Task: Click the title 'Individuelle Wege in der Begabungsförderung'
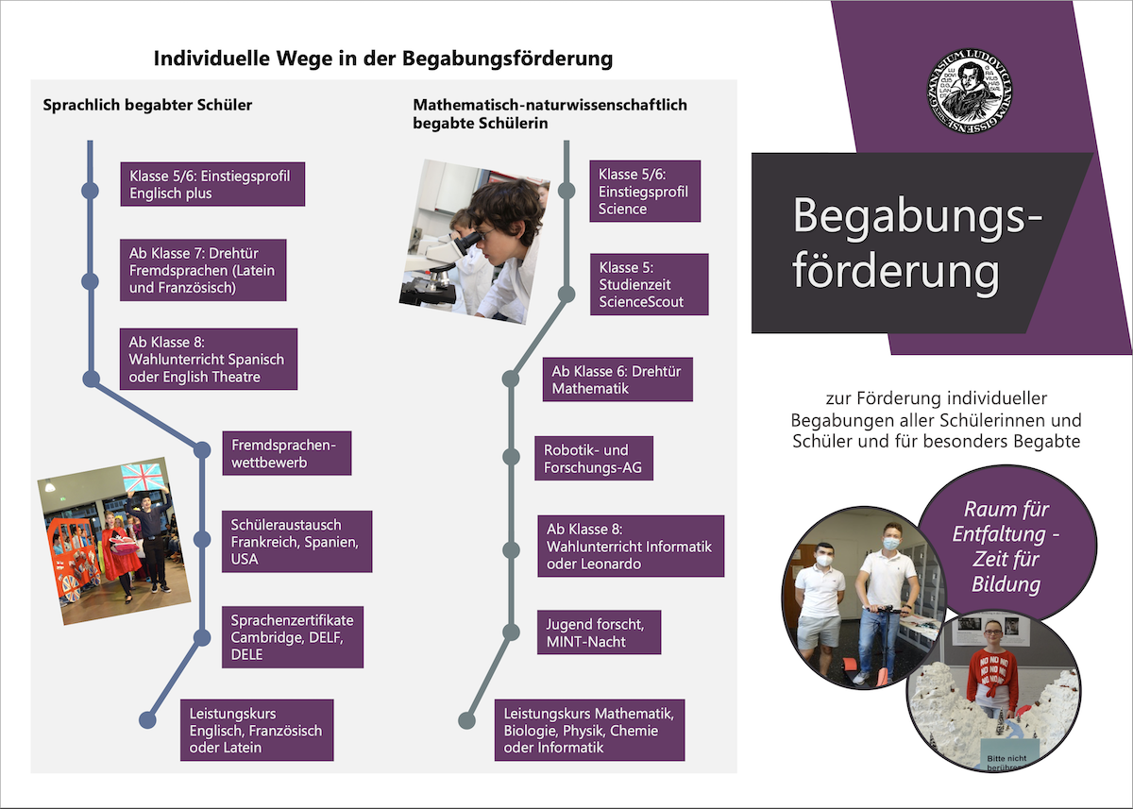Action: (x=383, y=59)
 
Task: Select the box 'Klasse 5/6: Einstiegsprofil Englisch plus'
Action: (x=211, y=184)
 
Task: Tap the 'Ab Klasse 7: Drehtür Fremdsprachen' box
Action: (x=203, y=270)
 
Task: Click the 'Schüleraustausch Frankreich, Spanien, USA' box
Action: (x=297, y=541)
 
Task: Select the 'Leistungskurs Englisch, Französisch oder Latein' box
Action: (x=256, y=730)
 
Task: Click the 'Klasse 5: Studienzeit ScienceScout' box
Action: (x=649, y=284)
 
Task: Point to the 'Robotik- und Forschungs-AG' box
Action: (x=594, y=458)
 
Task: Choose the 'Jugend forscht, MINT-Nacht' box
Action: (x=599, y=632)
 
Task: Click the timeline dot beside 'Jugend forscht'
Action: (x=511, y=632)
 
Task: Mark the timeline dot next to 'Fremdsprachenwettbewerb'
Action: (x=201, y=450)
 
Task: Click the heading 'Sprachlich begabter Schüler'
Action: (x=147, y=105)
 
